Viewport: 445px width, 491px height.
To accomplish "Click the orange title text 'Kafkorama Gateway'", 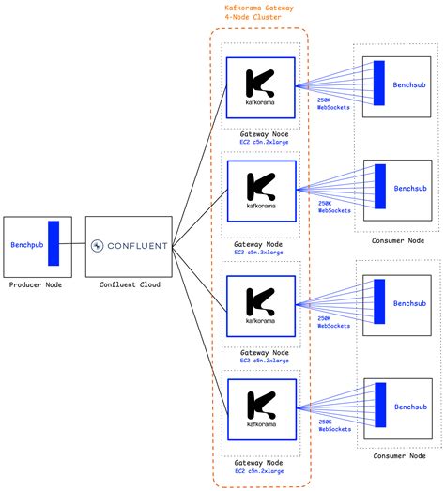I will (260, 8).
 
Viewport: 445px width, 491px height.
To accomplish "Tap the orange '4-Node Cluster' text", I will (260, 18).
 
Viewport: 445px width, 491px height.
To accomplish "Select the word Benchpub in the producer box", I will (27, 245).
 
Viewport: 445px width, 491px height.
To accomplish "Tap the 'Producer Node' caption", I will (35, 284).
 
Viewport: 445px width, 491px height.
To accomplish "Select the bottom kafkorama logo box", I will (260, 409).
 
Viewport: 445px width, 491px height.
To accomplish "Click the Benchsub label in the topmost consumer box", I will (409, 84).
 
